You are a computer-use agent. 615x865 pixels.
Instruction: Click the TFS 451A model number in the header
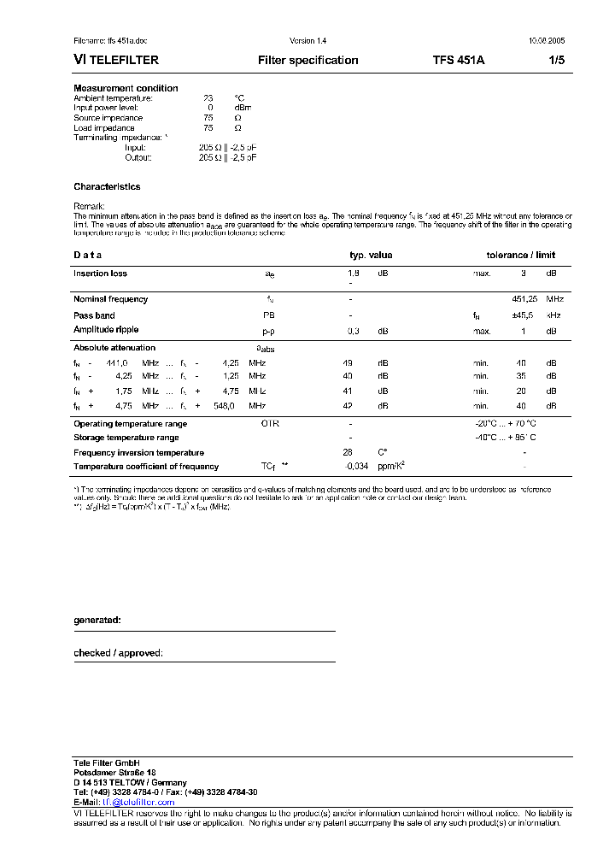pos(460,61)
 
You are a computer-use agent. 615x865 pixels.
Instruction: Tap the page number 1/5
pos(556,61)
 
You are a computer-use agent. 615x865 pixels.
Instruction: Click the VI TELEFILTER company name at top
pos(116,61)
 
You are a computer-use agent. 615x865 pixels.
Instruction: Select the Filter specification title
pos(307,61)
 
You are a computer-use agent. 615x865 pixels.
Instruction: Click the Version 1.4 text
pos(307,41)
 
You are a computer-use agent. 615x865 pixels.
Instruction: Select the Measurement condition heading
pos(126,88)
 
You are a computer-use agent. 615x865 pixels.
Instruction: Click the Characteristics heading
pos(107,186)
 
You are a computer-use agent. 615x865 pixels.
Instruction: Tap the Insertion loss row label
pos(100,274)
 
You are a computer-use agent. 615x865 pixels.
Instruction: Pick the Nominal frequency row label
pos(110,299)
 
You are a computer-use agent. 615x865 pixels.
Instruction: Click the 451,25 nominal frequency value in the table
pos(524,299)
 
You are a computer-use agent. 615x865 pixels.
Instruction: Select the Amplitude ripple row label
pos(106,330)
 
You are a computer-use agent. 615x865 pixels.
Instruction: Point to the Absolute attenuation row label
pos(114,348)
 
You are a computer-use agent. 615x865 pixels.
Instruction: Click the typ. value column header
pos(371,255)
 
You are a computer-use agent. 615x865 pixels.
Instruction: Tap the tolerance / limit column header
pos(520,255)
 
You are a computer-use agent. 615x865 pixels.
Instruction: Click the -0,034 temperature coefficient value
pos(356,467)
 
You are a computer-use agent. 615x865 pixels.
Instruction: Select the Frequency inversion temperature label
pos(138,452)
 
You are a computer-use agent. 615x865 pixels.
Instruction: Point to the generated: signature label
pos(97,620)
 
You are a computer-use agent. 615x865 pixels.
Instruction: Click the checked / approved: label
pos(118,653)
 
